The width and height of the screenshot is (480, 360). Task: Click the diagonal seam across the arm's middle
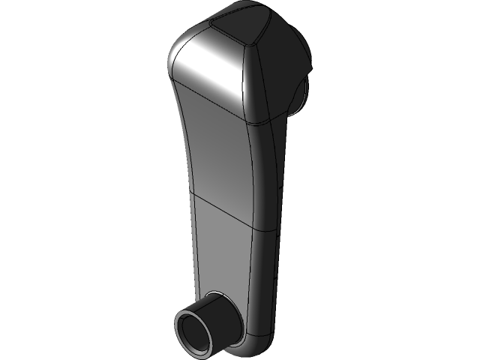[225, 211]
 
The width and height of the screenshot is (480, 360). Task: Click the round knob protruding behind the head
[301, 94]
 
